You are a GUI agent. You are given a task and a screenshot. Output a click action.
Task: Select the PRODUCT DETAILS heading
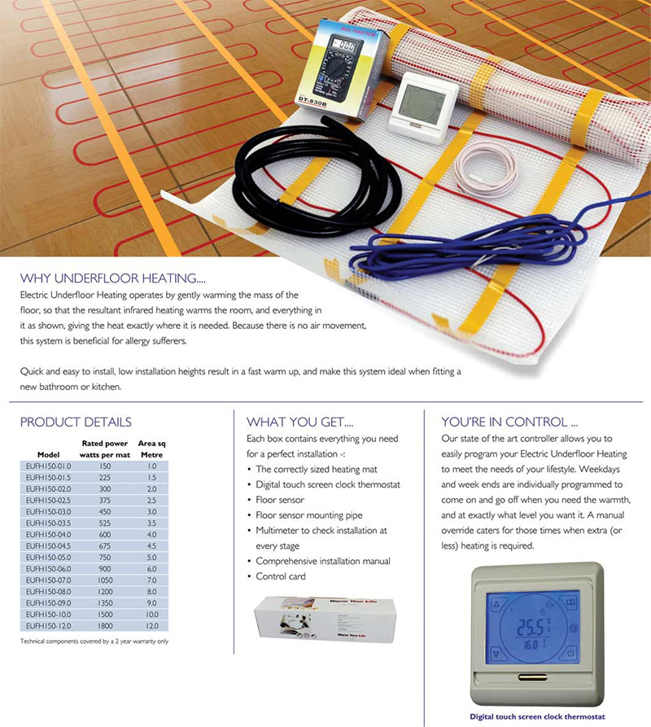76,422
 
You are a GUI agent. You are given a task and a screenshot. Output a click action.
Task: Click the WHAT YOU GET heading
300,422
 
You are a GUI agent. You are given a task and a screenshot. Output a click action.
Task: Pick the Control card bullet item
282,576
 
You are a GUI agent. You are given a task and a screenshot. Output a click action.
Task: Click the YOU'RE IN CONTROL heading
510,422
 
